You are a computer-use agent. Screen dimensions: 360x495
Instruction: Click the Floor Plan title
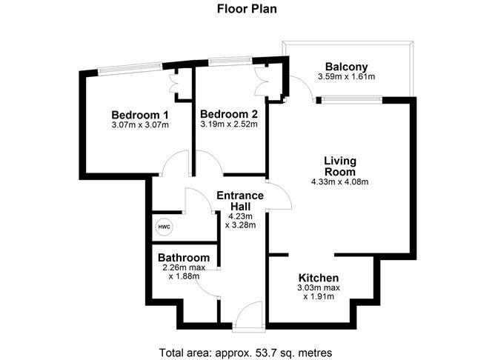coord(247,10)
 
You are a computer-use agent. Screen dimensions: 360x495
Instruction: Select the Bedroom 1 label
coord(140,115)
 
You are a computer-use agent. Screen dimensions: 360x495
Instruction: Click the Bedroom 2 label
coord(229,114)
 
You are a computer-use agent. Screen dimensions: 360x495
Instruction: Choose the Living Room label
coord(340,166)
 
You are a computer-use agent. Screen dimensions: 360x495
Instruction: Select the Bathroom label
coord(183,258)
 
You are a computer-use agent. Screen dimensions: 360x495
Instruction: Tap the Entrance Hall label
coord(239,201)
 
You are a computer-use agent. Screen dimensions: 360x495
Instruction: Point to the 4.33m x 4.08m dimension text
coord(340,182)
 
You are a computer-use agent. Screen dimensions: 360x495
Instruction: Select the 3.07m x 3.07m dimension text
coord(140,124)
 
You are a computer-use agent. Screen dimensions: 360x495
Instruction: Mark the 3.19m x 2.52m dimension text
coord(229,124)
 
